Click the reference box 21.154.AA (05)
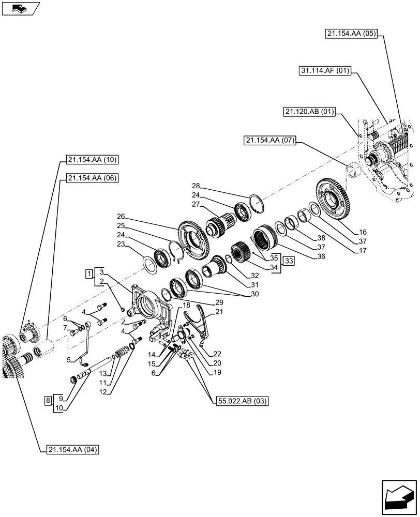(x=352, y=34)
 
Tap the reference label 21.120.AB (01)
(x=310, y=111)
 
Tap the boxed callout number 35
(x=274, y=257)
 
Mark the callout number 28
(x=196, y=186)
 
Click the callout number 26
(x=121, y=216)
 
